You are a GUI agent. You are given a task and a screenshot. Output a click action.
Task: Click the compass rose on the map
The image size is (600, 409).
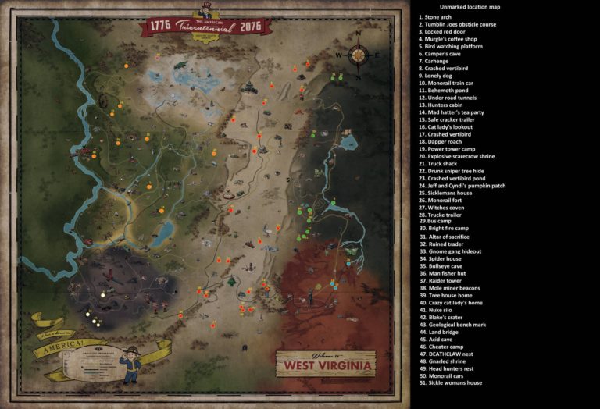tap(359, 55)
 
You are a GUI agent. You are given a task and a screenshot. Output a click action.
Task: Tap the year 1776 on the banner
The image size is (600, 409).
tap(159, 25)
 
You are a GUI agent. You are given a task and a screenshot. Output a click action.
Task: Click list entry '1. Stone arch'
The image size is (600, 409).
tap(435, 16)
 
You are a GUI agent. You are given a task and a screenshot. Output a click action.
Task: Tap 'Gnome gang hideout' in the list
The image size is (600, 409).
tap(450, 251)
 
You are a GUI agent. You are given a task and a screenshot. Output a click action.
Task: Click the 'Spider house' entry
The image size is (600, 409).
tap(440, 258)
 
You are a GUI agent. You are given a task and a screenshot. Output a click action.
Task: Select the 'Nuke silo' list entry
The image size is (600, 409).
tap(435, 310)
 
